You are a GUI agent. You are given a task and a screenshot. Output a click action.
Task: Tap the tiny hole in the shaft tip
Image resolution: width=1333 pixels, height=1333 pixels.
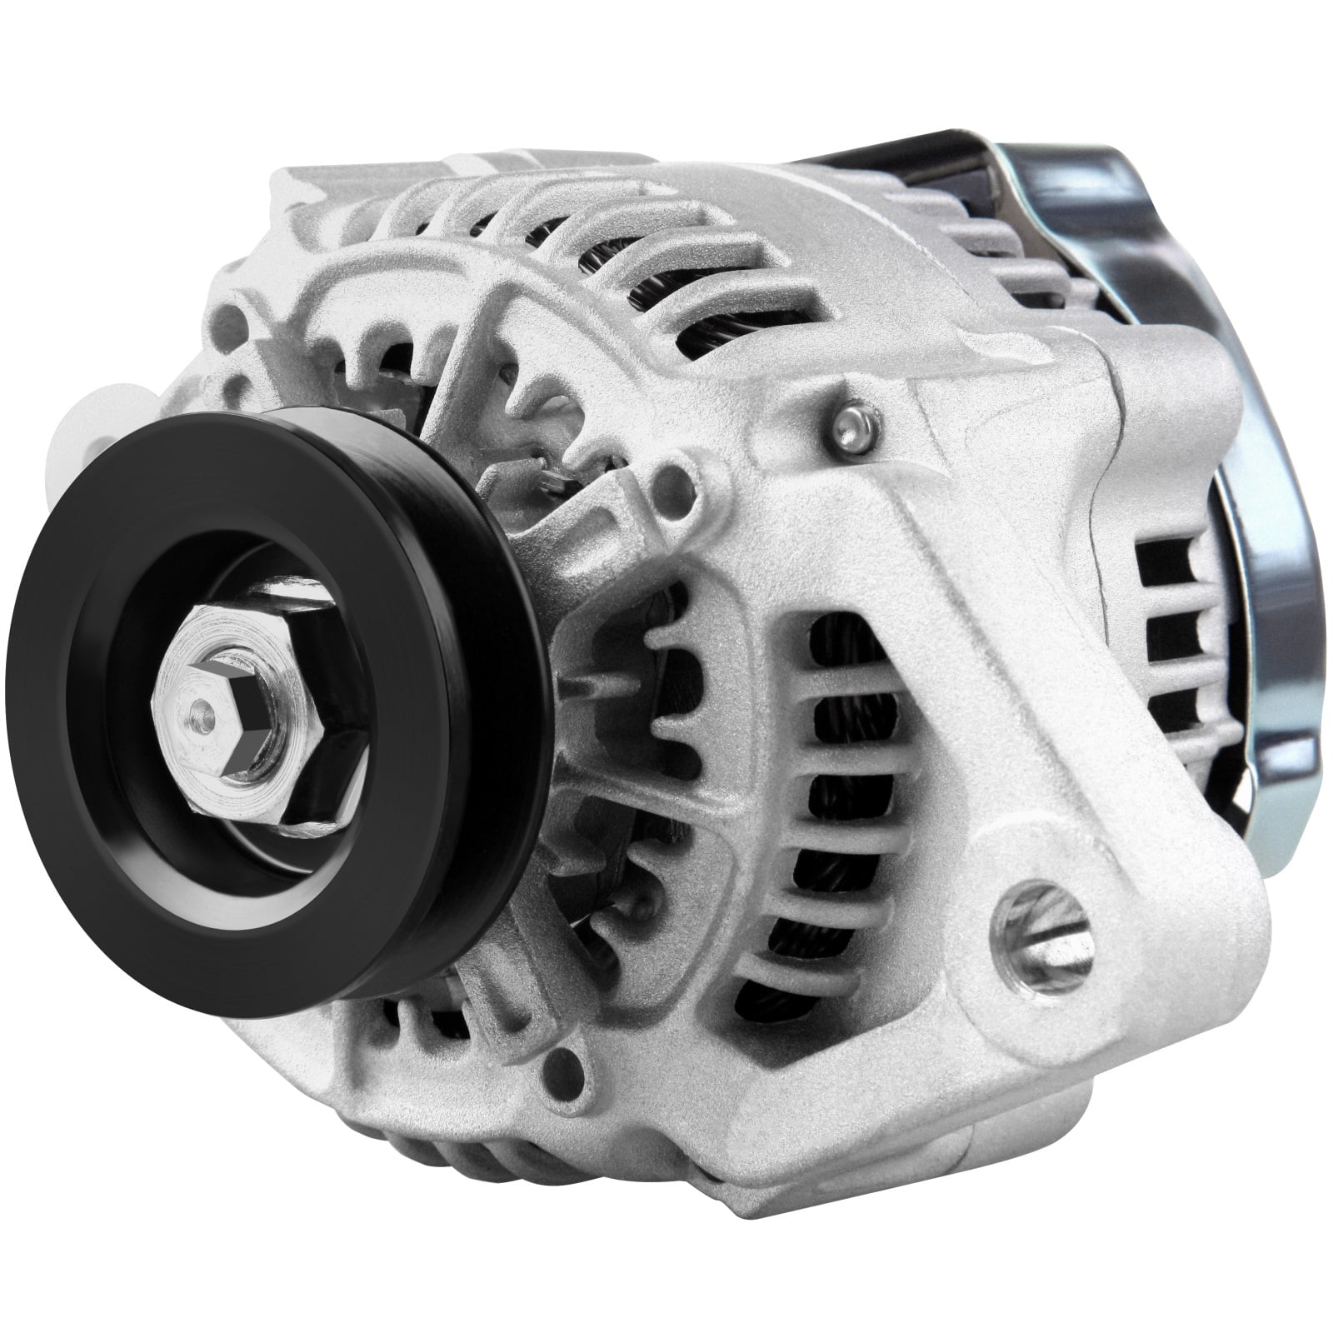[x=197, y=708]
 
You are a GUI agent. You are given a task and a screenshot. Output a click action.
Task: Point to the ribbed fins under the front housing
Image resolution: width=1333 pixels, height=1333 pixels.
[x=467, y=1150]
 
